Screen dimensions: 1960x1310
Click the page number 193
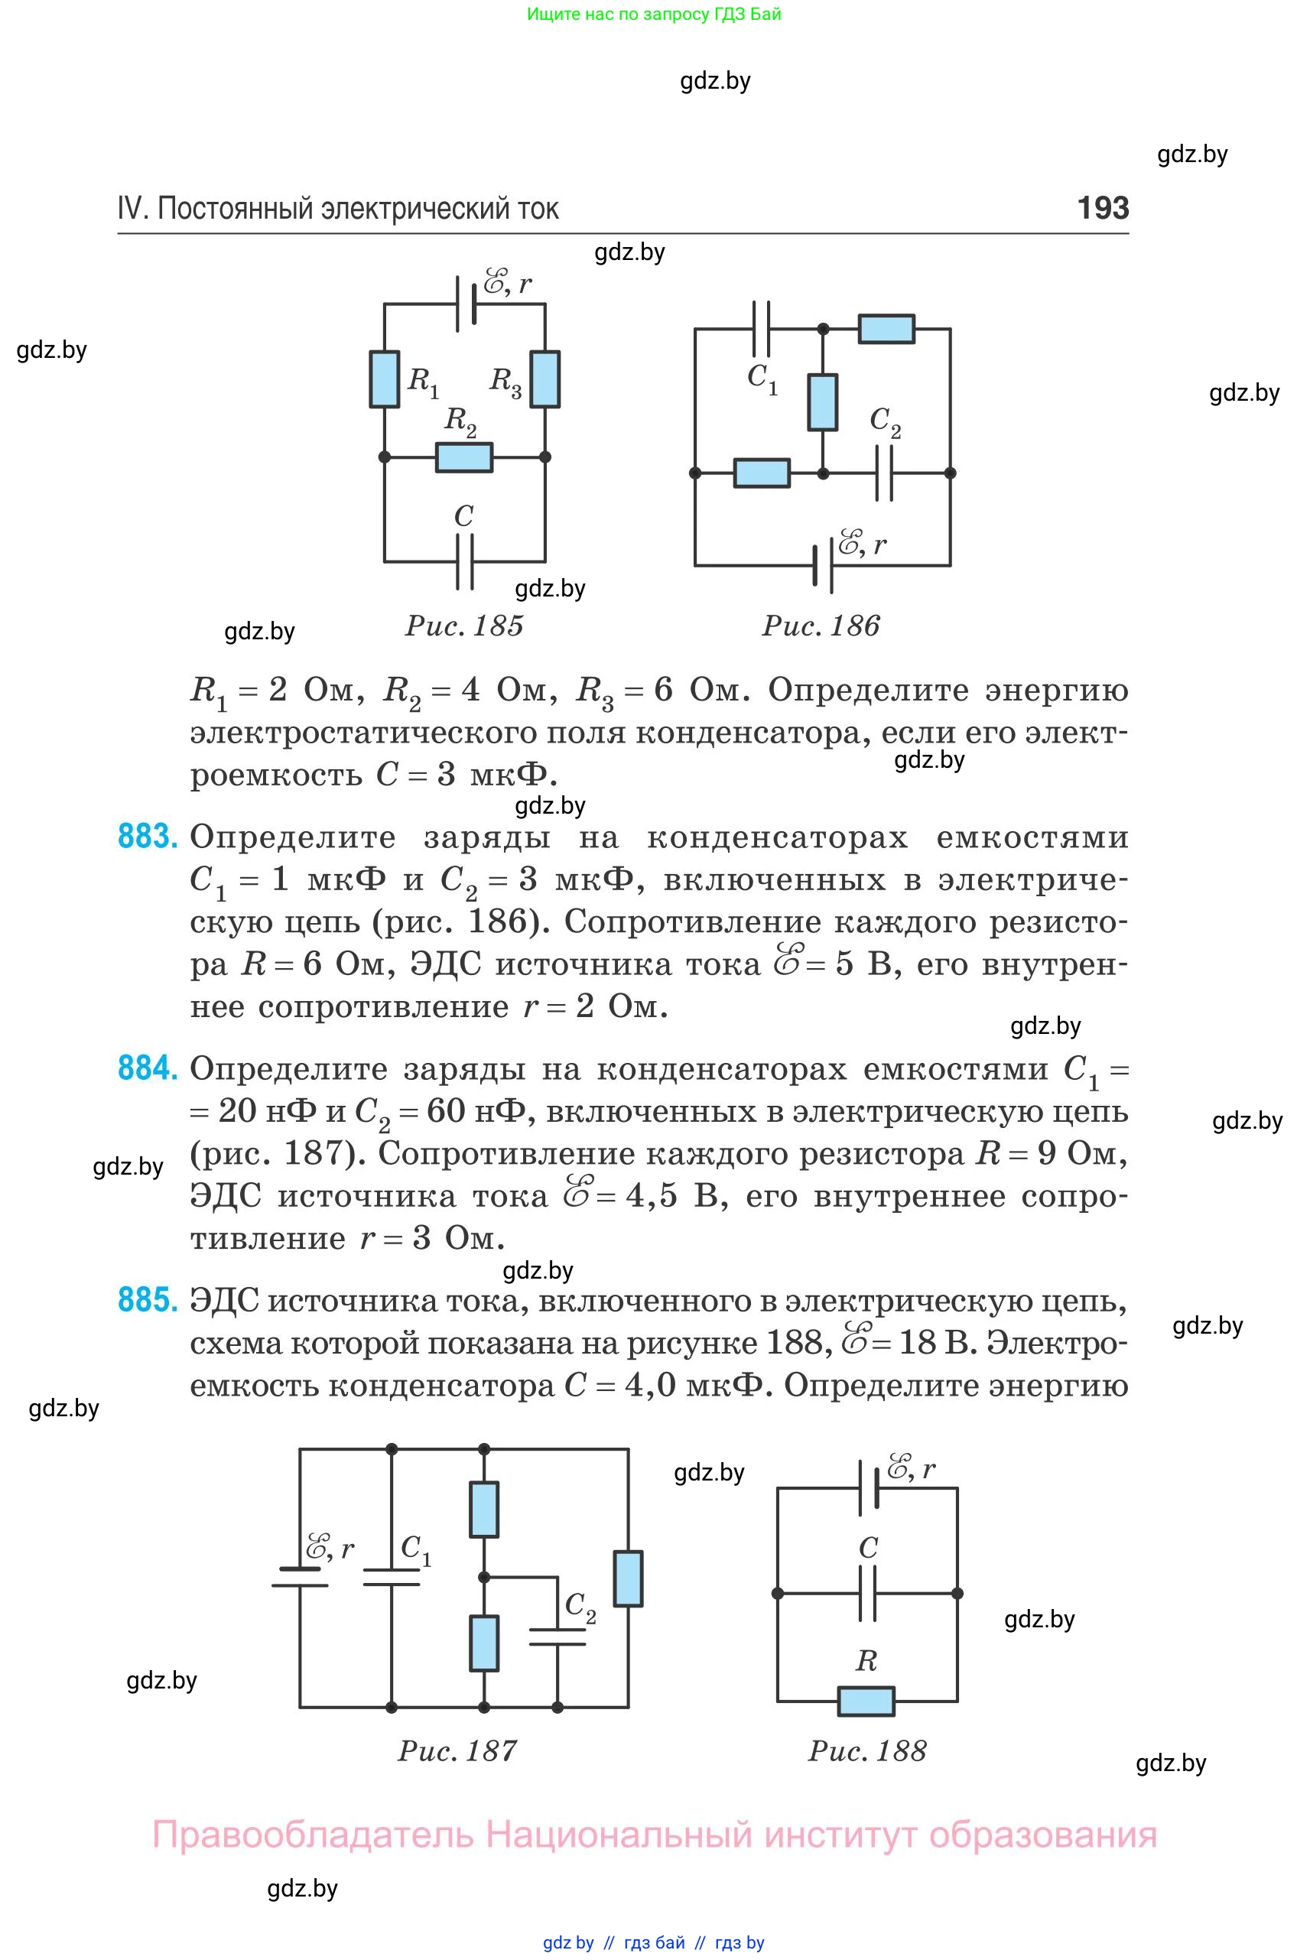pyautogui.click(x=1103, y=207)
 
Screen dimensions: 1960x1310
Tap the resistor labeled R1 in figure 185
pyautogui.click(x=385, y=379)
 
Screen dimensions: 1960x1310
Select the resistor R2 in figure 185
pyautogui.click(x=464, y=457)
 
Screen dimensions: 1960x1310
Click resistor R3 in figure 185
pyautogui.click(x=545, y=379)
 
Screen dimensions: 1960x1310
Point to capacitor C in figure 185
pyautogui.click(x=464, y=561)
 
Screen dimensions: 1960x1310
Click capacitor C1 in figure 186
pyautogui.click(x=761, y=329)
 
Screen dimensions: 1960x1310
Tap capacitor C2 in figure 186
pyautogui.click(x=884, y=473)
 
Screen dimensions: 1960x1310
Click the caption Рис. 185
pyautogui.click(x=464, y=626)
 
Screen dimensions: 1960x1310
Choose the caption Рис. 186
pyautogui.click(x=821, y=626)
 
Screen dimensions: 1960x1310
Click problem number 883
pyautogui.click(x=147, y=837)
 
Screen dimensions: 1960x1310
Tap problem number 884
pyautogui.click(x=147, y=1068)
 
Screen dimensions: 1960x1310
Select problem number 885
pyautogui.click(x=147, y=1300)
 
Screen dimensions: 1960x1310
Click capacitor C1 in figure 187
pyautogui.click(x=391, y=1575)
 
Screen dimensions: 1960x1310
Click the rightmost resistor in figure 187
pyautogui.click(x=629, y=1578)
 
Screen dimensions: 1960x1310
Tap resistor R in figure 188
pyautogui.click(x=866, y=1701)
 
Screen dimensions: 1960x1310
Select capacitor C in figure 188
pyautogui.click(x=868, y=1593)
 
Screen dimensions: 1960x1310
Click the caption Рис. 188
pyautogui.click(x=867, y=1751)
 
